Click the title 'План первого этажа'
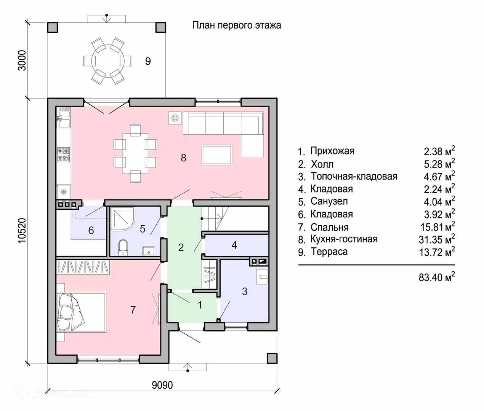click(x=237, y=25)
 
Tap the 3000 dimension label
click(x=22, y=60)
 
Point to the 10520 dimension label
click(x=22, y=231)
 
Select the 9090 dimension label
click(x=162, y=385)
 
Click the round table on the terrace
click(x=108, y=61)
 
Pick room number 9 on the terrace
click(x=148, y=61)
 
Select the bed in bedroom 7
click(x=81, y=312)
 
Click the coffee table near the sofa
click(x=217, y=155)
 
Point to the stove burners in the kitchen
click(x=64, y=155)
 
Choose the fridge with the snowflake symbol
click(x=64, y=192)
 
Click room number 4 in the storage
click(x=234, y=245)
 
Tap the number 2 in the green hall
click(x=181, y=248)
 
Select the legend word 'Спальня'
click(x=329, y=228)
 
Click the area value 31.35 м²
click(x=437, y=239)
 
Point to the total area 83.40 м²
click(x=437, y=277)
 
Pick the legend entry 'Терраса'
click(x=329, y=252)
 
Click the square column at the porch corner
click(x=272, y=358)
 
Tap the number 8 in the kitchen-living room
click(x=183, y=158)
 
